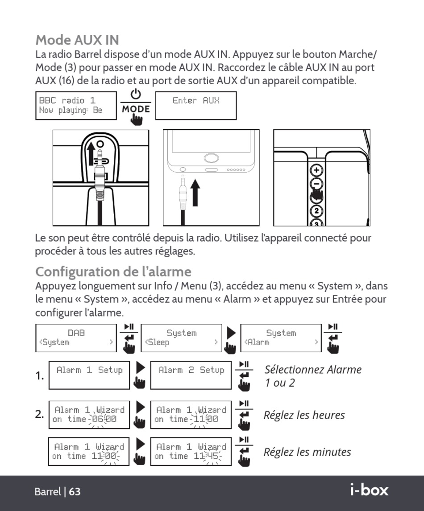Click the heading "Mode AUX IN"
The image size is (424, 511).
77,40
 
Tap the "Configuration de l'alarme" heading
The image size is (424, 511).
113,272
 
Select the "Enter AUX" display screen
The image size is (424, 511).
195,106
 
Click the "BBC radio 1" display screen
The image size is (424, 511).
75,106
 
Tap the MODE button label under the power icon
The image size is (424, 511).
136,109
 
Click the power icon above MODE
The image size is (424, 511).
136,95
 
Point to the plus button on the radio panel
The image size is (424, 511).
317,170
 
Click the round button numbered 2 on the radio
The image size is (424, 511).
317,211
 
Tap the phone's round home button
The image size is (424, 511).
211,158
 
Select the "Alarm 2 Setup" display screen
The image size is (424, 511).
191,375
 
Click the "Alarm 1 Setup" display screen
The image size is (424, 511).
89,375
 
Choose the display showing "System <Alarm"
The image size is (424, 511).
281,338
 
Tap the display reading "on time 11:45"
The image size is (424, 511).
191,452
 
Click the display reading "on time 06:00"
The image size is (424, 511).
89,415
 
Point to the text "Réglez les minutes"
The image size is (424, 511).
307,452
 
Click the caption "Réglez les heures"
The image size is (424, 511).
304,415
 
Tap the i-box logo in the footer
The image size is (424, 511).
369,490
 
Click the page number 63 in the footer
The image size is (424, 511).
75,492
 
